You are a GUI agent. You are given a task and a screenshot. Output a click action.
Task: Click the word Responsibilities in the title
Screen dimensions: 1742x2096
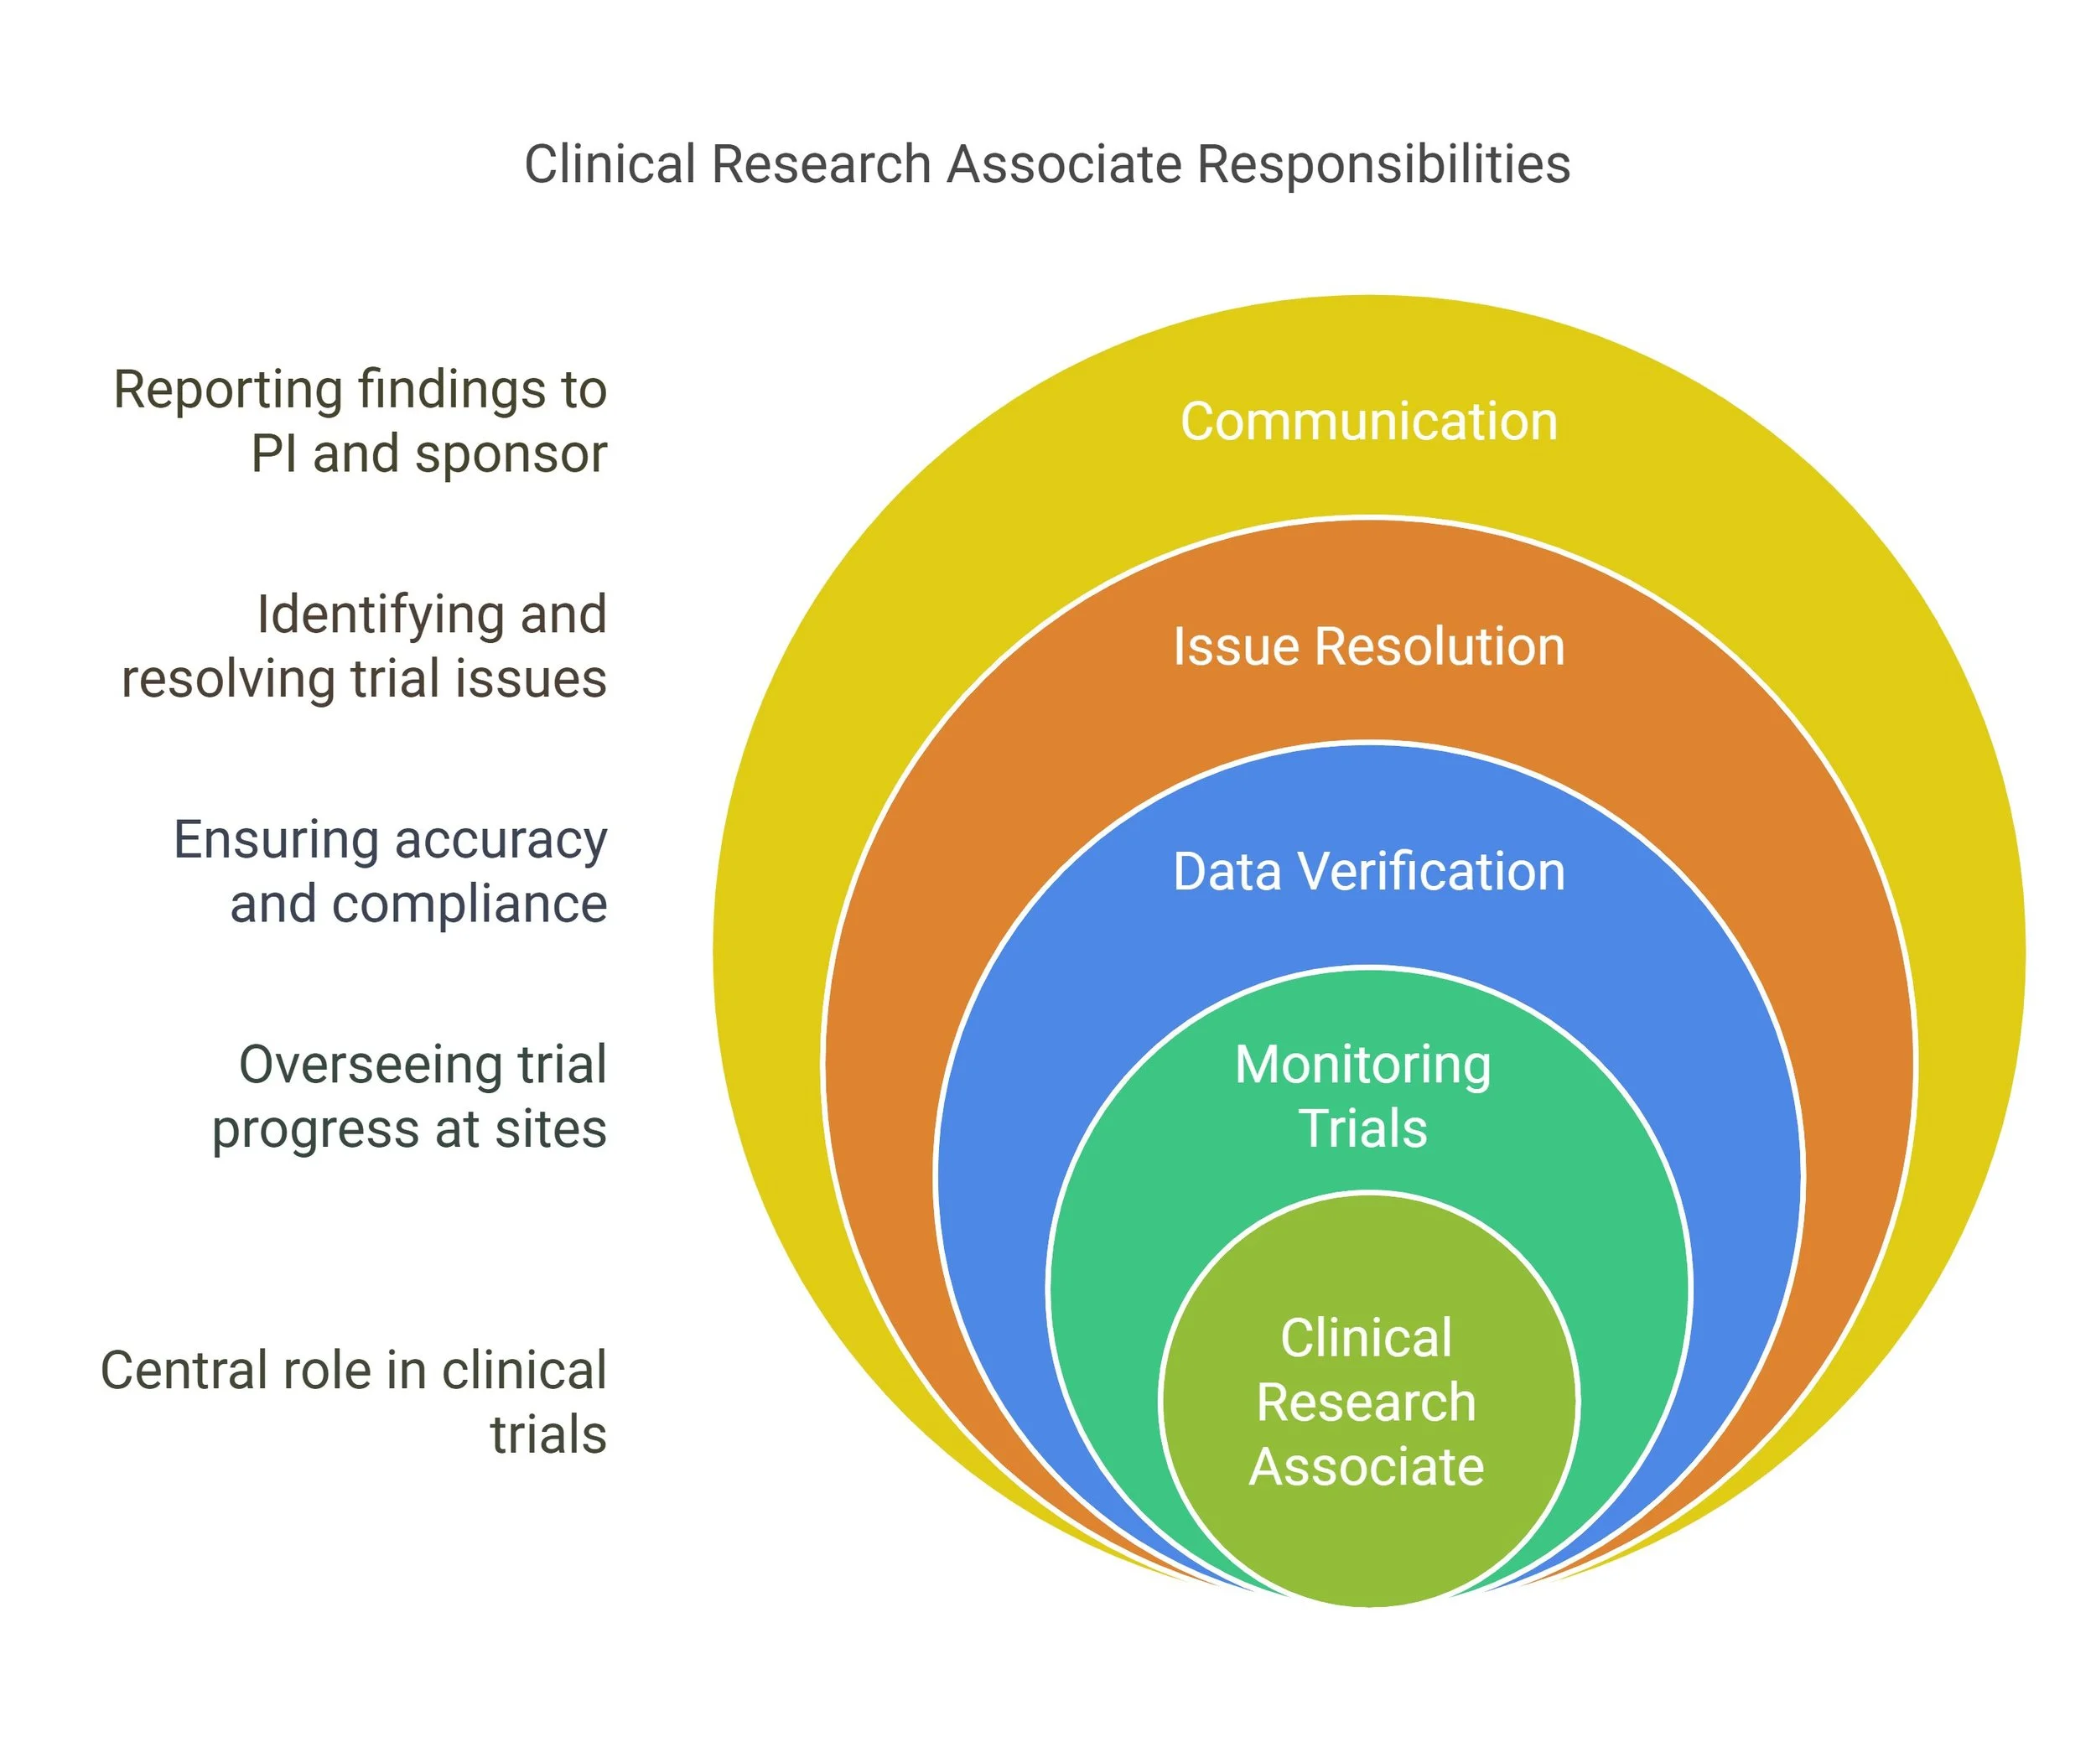(1383, 164)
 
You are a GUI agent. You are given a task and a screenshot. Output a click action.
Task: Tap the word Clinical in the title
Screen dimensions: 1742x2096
(610, 164)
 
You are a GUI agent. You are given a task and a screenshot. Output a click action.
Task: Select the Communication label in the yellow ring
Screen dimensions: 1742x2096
(1368, 421)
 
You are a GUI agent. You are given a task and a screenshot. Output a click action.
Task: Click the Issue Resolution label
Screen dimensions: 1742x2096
(1368, 646)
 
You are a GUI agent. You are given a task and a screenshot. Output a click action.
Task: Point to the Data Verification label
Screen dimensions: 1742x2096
(1368, 872)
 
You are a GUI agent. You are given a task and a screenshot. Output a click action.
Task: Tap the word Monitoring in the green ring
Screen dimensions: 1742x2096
(1363, 1065)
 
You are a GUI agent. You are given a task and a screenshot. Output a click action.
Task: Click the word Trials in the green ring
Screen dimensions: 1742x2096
(1363, 1129)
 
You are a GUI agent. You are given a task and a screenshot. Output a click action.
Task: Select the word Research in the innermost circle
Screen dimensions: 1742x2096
(1366, 1402)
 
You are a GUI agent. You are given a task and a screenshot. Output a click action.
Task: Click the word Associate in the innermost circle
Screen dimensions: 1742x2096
(1366, 1467)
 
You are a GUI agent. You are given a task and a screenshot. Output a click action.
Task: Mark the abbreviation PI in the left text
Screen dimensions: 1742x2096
(273, 454)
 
